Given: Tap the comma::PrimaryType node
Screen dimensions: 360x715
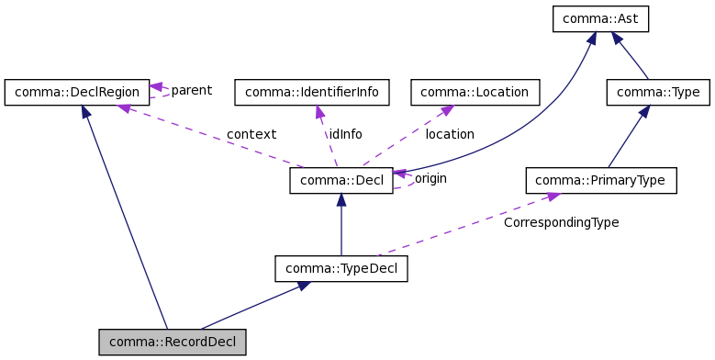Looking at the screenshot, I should pyautogui.click(x=600, y=180).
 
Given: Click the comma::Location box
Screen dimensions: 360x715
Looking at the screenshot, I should pyautogui.click(x=475, y=92).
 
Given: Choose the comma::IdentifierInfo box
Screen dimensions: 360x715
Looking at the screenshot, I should pyautogui.click(x=312, y=92).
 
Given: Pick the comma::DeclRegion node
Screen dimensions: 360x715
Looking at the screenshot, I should pyautogui.click(x=76, y=92).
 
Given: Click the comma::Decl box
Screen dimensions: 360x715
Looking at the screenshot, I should pyautogui.click(x=341, y=180).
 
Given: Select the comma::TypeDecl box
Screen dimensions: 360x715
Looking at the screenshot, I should pyautogui.click(x=341, y=269).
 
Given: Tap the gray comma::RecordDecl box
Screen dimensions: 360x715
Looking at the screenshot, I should pyautogui.click(x=173, y=343).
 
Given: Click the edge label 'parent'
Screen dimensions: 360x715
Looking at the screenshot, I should pyautogui.click(x=191, y=90).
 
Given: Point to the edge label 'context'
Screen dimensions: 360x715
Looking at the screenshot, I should pyautogui.click(x=251, y=134).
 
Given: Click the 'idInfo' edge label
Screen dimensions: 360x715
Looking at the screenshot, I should pyautogui.click(x=345, y=134).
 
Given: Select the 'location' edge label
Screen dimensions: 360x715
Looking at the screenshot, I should pyautogui.click(x=450, y=134).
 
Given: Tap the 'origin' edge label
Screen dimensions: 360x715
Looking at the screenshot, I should pyautogui.click(x=430, y=178).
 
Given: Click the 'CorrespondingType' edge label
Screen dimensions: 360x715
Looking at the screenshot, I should pyautogui.click(x=561, y=222).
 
